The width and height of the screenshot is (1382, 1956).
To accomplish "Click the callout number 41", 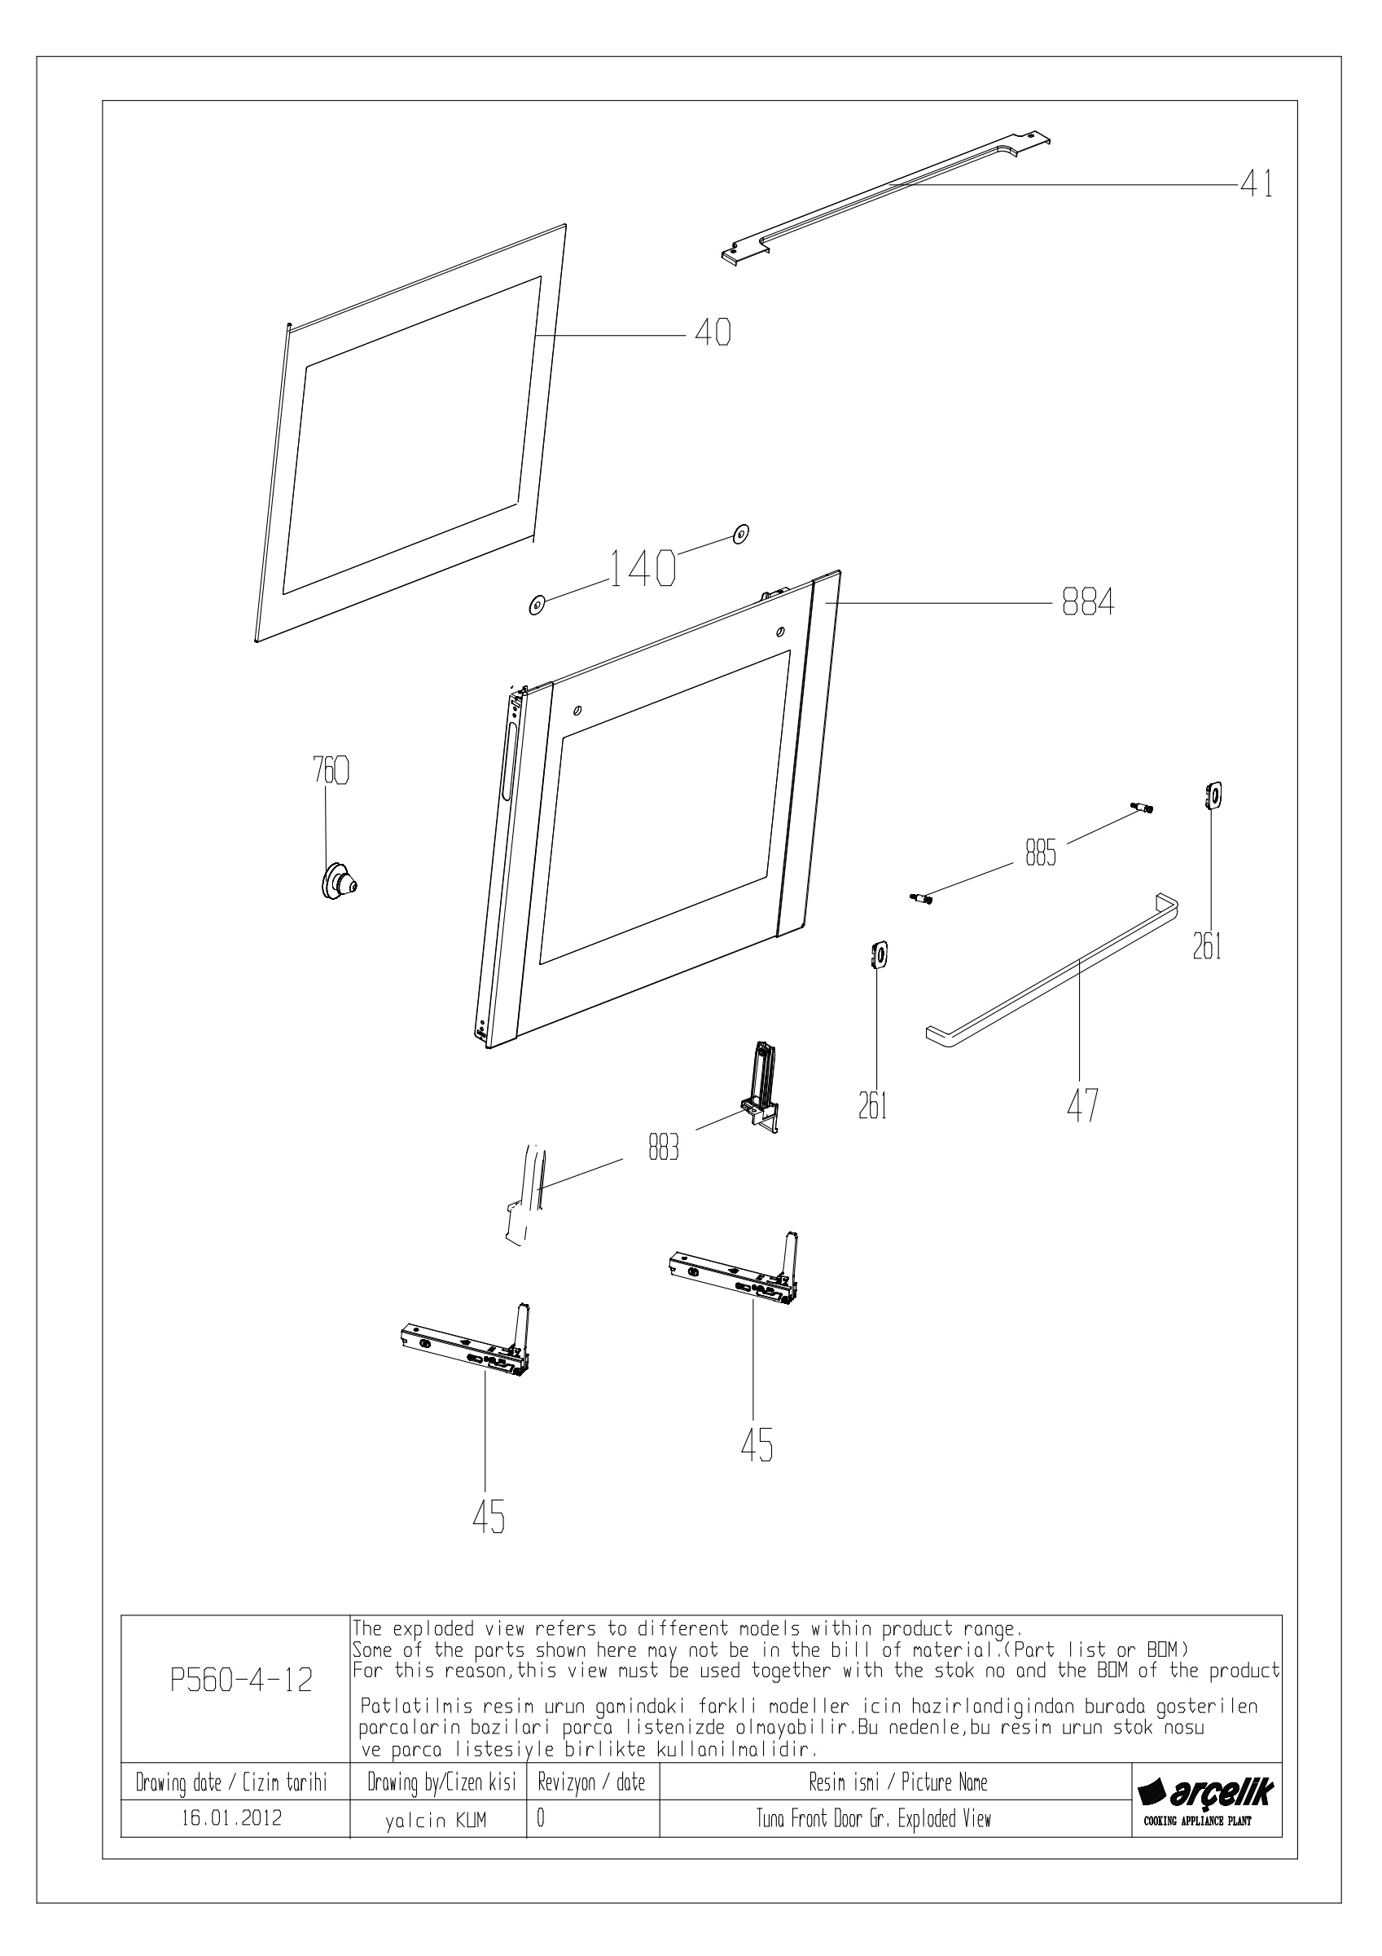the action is pos(1257,183).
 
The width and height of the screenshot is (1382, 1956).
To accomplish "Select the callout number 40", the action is pos(713,334).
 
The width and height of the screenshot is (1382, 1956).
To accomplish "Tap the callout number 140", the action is pos(643,568).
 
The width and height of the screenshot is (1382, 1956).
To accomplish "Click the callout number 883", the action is pos(664,1149).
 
